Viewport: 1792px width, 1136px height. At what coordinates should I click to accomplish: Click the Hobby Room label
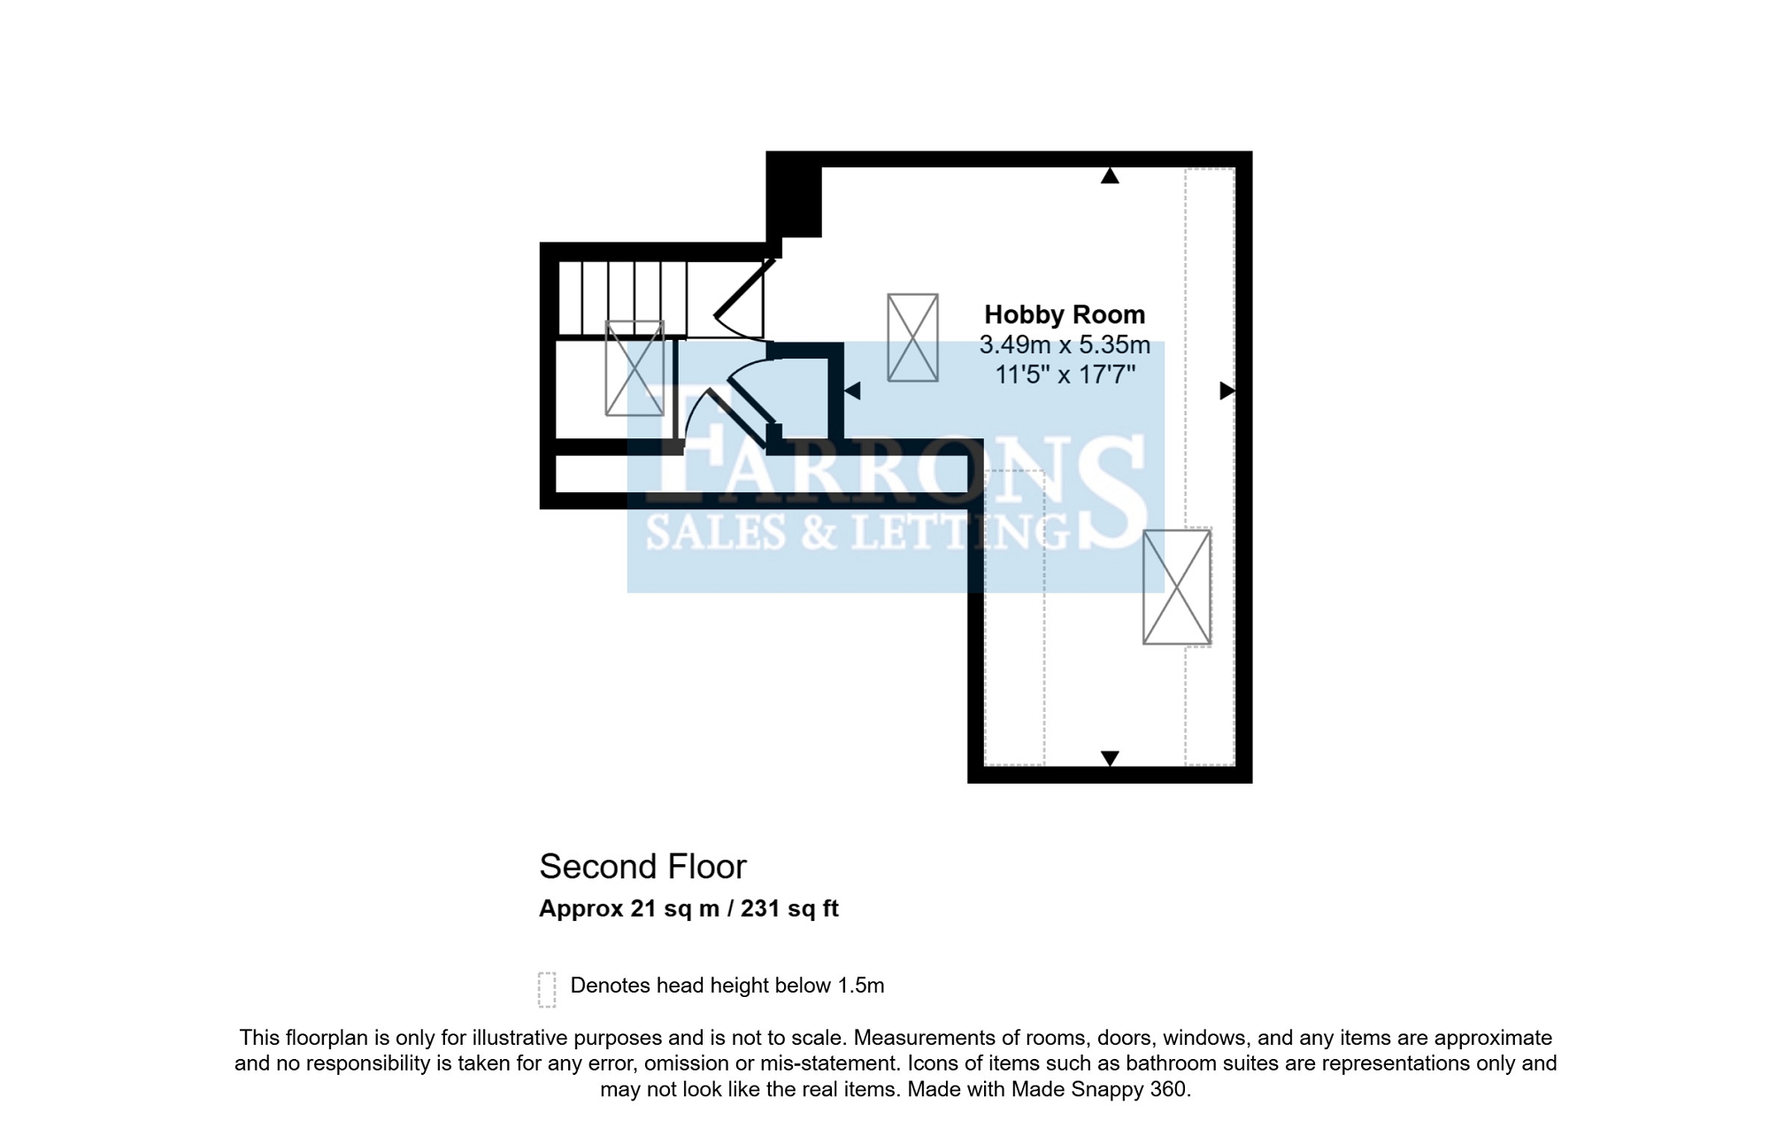[1065, 314]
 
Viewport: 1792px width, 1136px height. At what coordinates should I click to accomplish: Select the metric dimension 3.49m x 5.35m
[1065, 344]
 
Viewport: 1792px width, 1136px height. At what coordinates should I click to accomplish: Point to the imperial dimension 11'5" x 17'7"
[1065, 375]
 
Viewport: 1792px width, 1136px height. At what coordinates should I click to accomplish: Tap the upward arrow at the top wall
[1110, 175]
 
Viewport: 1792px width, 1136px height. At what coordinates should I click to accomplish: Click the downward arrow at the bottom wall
[1110, 758]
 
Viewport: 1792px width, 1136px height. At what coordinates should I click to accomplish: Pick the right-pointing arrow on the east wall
[1227, 390]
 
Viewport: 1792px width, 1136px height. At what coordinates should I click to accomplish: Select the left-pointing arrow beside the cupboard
[852, 390]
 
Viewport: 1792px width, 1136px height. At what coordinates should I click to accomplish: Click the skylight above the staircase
[635, 367]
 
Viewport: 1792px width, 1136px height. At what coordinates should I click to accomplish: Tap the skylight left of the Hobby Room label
[912, 337]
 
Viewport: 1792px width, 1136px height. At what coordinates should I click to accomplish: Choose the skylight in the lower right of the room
[1177, 587]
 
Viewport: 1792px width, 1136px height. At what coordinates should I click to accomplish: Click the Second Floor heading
[643, 866]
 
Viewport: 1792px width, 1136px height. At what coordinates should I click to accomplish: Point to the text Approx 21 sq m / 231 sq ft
[688, 908]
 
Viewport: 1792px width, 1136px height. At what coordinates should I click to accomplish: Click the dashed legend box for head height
[547, 989]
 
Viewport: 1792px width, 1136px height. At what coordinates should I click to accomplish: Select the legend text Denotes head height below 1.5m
[727, 985]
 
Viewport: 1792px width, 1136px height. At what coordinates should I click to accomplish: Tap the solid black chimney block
[794, 195]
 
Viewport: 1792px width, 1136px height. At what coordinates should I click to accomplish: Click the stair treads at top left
[622, 298]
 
